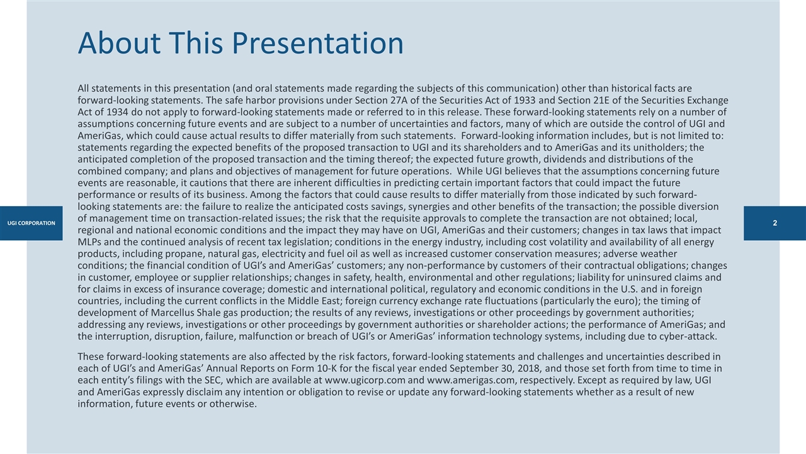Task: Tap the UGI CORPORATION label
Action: coord(31,223)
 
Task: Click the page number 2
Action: coord(775,223)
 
